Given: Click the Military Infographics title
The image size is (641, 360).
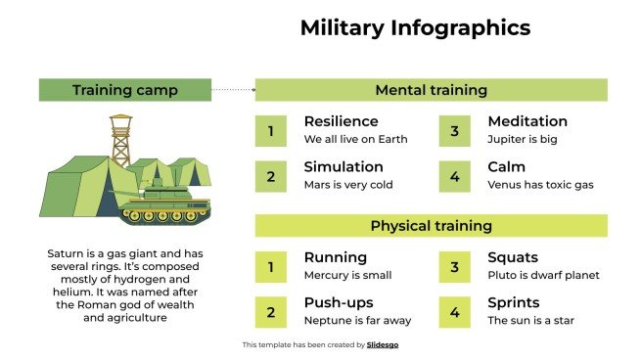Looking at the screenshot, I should (415, 28).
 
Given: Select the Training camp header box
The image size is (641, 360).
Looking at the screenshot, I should (124, 91).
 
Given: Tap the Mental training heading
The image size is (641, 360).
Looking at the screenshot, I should (431, 91).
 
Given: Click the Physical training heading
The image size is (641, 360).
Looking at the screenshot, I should (431, 226).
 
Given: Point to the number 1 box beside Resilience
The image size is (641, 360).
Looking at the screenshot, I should (271, 130).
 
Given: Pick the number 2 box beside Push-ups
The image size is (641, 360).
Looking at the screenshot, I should (271, 311).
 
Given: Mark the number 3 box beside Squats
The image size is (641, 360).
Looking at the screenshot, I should (454, 266).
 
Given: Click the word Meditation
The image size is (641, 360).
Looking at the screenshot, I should (527, 121).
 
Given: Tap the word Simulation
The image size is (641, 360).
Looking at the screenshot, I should (343, 166).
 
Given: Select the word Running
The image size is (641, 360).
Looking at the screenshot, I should (336, 257).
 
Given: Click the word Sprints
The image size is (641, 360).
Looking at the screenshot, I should (514, 302).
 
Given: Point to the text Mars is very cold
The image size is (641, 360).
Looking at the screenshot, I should (347, 184).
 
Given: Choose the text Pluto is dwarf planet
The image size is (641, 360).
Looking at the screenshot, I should (543, 275).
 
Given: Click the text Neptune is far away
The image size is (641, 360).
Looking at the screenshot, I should (357, 320).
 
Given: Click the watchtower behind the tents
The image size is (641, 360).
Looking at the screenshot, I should (120, 140).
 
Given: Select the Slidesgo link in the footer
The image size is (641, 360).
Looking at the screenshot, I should (382, 344).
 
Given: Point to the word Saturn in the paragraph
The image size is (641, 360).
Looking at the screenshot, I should (67, 253).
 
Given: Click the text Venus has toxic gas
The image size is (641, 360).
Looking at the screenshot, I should (540, 184).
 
